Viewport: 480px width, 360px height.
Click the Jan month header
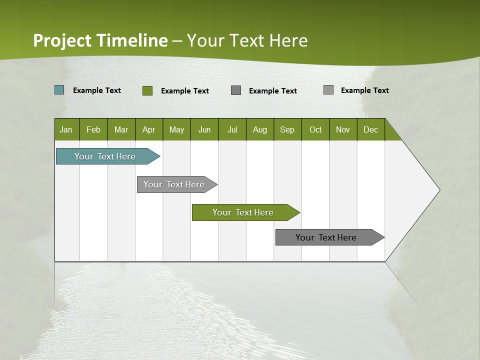pyautogui.click(x=66, y=129)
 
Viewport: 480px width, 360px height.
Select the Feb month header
pyautogui.click(x=93, y=129)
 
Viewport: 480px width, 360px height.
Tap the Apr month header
pyautogui.click(x=148, y=129)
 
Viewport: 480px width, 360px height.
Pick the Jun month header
pyautogui.click(x=204, y=129)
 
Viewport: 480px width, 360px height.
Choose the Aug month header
pyautogui.click(x=259, y=129)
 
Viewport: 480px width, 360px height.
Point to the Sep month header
pyautogui.click(x=287, y=129)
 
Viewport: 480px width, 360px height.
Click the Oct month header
pyautogui.click(x=315, y=129)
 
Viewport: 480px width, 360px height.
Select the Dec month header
pyautogui.click(x=370, y=129)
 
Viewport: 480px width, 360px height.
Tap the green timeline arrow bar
pyautogui.click(x=243, y=212)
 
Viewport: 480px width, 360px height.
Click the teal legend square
pyautogui.click(x=59, y=90)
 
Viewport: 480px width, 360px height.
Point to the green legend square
pyautogui.click(x=147, y=90)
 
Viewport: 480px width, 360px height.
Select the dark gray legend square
pyautogui.click(x=236, y=90)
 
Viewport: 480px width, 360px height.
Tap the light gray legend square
pyautogui.click(x=328, y=90)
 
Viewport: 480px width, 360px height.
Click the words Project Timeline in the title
pyautogui.click(x=100, y=40)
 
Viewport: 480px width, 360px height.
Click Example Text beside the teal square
pyautogui.click(x=97, y=90)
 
